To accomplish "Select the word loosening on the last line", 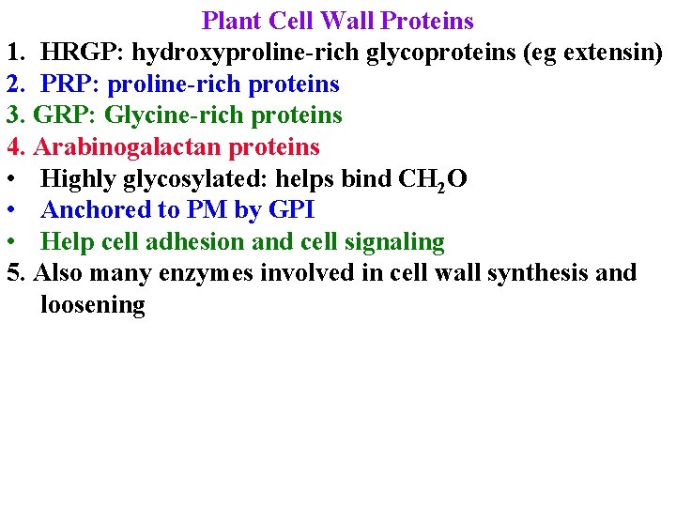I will point(93,306).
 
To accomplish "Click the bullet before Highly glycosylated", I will point(11,179).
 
